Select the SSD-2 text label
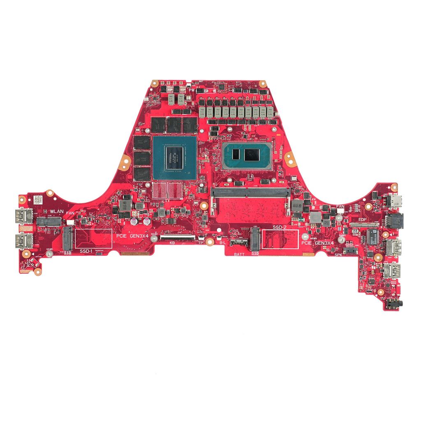click(x=280, y=227)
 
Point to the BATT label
click(x=240, y=255)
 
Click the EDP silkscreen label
click(x=362, y=220)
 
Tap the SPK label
click(x=338, y=255)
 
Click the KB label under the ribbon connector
click(x=172, y=243)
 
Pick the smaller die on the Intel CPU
click(x=236, y=155)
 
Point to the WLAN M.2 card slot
click(x=49, y=221)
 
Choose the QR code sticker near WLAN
click(x=38, y=199)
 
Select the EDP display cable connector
click(x=364, y=225)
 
